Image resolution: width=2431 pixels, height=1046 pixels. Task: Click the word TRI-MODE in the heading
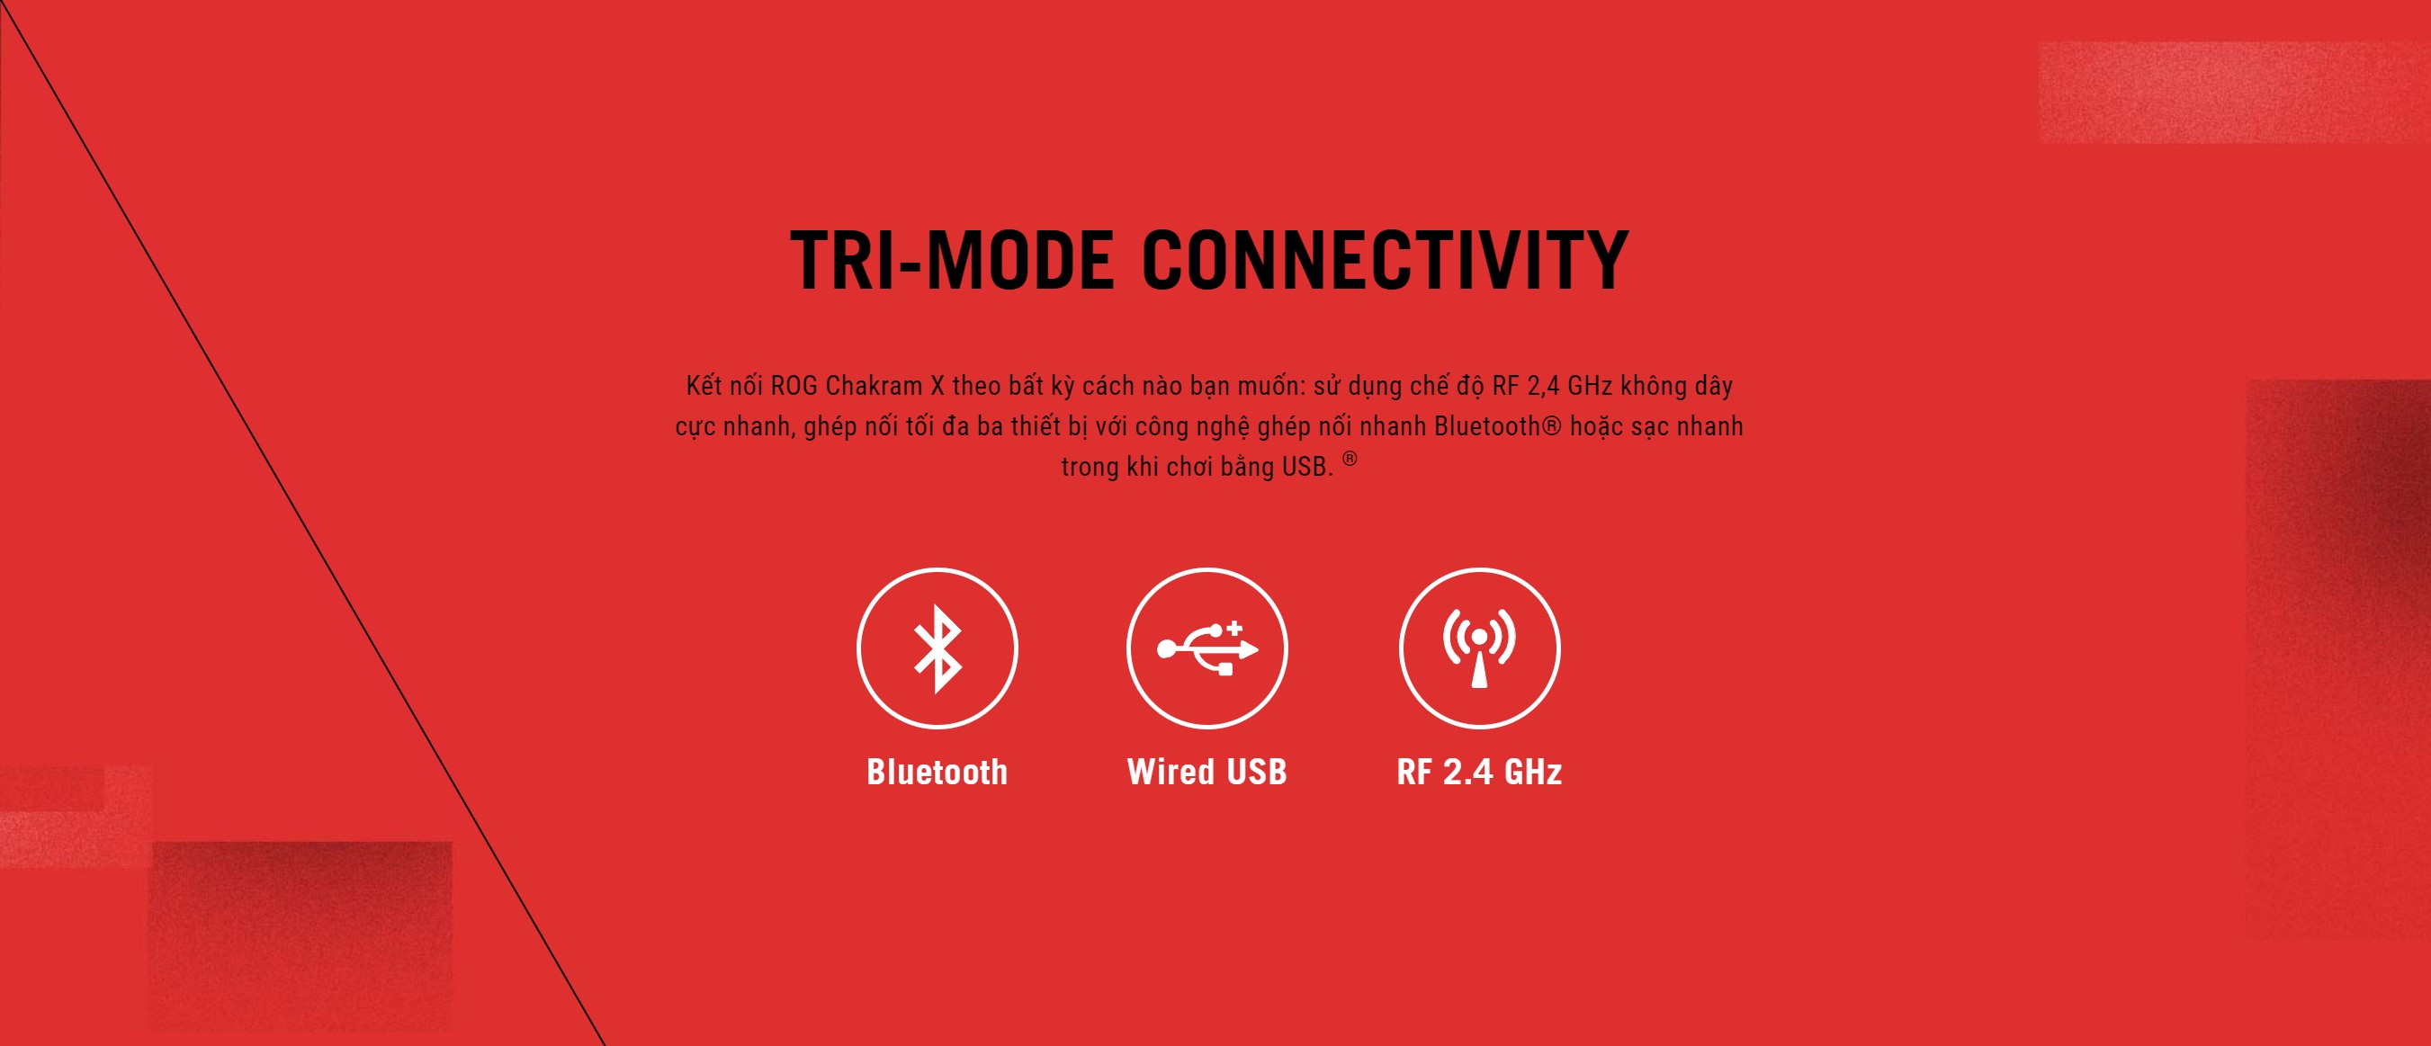(951, 259)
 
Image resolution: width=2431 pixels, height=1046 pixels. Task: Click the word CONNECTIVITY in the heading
(1386, 259)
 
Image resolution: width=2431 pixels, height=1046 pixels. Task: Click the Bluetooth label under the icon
(937, 772)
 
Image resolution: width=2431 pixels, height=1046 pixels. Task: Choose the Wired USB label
(1207, 772)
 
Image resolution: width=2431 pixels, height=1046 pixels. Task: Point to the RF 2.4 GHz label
(1479, 772)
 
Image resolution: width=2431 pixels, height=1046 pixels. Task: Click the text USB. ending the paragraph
(1307, 467)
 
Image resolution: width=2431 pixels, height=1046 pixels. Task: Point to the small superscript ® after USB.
(1350, 459)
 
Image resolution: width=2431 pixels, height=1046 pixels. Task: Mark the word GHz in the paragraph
(1590, 386)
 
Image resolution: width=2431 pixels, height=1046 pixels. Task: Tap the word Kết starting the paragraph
(704, 385)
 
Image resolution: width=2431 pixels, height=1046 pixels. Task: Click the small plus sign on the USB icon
(1234, 627)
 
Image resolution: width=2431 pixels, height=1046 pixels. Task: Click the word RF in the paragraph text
(1504, 386)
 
